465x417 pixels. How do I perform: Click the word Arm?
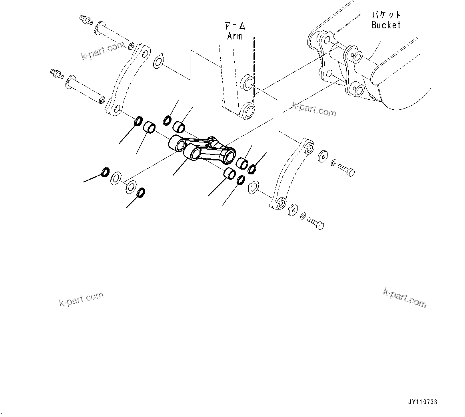click(235, 36)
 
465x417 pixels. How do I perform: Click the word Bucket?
click(385, 25)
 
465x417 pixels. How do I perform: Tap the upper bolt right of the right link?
click(346, 170)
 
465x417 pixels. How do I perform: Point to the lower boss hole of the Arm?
click(247, 110)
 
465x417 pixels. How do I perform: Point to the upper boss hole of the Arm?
click(247, 83)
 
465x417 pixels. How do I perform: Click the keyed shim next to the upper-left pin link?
click(158, 61)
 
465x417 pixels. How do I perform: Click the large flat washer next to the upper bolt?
click(323, 156)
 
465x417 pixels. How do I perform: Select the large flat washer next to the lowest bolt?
click(293, 210)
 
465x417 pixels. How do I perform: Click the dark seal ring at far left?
click(105, 172)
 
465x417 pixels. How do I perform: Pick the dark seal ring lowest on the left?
click(141, 193)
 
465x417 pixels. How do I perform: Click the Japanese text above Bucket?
click(386, 15)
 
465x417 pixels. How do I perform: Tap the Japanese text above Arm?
click(235, 27)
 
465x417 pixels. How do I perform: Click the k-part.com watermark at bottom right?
click(405, 298)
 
